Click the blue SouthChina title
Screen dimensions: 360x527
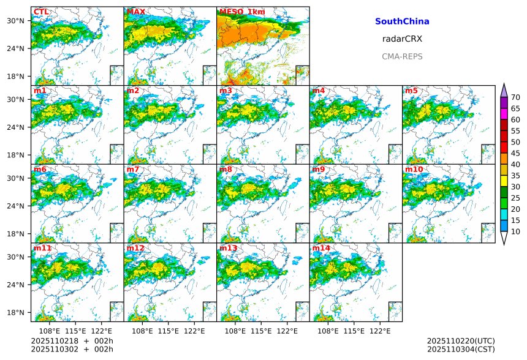tap(402, 21)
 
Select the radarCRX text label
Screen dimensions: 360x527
tap(402, 39)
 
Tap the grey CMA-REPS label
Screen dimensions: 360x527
tap(402, 56)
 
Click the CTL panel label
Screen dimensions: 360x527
tap(40, 12)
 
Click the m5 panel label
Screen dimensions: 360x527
tap(411, 91)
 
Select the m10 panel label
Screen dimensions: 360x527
tap(414, 169)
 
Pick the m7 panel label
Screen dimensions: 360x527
tap(133, 169)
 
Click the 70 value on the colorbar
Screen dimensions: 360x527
tap(516, 97)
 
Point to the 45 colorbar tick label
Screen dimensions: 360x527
tap(516, 153)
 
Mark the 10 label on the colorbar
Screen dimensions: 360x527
tap(516, 231)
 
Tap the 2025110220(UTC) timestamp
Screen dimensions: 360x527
tap(461, 340)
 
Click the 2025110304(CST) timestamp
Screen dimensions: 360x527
tap(461, 349)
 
